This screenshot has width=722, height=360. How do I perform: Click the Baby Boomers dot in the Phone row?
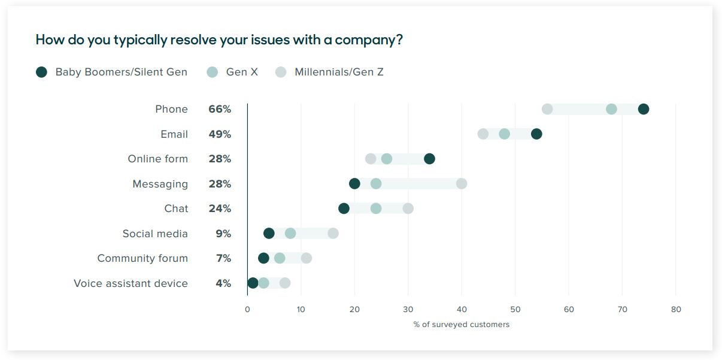click(x=644, y=109)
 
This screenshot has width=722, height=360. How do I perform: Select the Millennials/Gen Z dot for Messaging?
click(x=462, y=184)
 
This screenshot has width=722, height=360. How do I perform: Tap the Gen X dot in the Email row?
click(x=505, y=134)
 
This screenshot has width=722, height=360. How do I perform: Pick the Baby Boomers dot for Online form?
click(x=429, y=159)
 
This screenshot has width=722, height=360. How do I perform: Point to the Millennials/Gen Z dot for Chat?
click(x=408, y=208)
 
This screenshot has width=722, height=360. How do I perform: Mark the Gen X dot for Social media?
click(x=290, y=234)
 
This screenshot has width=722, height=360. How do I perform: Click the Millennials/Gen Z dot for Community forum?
click(x=306, y=258)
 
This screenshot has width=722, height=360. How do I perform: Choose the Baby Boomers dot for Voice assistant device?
click(x=253, y=283)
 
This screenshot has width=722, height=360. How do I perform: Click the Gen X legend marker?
click(x=213, y=72)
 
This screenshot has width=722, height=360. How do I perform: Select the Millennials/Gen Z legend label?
click(x=339, y=72)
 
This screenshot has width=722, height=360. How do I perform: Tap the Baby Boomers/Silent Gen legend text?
click(x=121, y=72)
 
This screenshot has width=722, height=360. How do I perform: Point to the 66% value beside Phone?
click(x=220, y=109)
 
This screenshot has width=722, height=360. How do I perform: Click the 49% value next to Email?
click(x=220, y=134)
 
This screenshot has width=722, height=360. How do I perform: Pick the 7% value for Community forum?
click(x=223, y=258)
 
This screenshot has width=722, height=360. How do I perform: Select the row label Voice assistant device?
click(x=131, y=283)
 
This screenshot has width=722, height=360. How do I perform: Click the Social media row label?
click(x=155, y=234)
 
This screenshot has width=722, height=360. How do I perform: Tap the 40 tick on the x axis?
click(x=462, y=310)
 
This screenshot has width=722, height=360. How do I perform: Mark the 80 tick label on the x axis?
click(x=676, y=310)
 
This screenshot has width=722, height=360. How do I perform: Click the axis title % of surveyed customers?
click(x=461, y=325)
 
